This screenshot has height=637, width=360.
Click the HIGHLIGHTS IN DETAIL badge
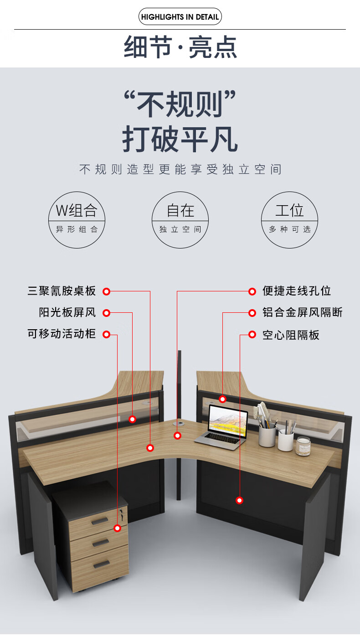pos(180,17)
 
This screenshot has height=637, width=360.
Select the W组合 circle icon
pos(77,220)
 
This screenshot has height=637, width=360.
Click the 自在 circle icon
pos(180,220)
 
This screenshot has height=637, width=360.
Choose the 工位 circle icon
pos(289,220)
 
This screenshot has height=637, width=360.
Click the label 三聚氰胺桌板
pos(62,291)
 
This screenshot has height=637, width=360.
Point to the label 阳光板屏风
pos(67,313)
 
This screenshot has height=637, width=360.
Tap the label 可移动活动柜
pos(62,334)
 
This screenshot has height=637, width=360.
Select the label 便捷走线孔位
pos(297,291)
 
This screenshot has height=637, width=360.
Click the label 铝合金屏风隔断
pos(303,313)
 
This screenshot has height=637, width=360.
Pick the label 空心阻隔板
pos(291,335)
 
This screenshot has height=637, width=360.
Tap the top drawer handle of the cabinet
pos(99,520)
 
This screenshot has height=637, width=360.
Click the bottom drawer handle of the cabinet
pos(102,564)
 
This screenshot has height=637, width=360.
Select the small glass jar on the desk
pos(303,446)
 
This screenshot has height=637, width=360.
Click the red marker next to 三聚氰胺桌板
pos(106,291)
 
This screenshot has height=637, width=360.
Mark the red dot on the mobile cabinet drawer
pos(117,528)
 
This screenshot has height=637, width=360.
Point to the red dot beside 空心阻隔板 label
pos(252,335)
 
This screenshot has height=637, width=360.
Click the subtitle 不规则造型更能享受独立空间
pos(180,170)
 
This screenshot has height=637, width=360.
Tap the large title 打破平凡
pos(180,140)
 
